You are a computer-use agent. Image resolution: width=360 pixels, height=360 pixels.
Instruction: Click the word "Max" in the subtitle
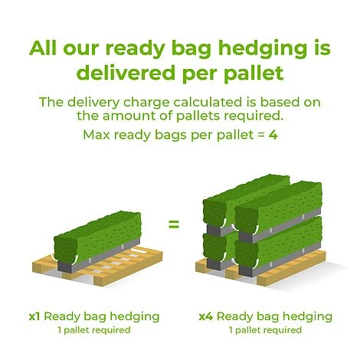coord(98,136)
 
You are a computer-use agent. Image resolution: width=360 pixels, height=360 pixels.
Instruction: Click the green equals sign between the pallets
coord(174,224)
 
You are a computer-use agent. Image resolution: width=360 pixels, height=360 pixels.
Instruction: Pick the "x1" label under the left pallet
coord(35,316)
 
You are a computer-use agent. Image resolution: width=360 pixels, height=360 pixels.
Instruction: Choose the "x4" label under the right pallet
coord(205,316)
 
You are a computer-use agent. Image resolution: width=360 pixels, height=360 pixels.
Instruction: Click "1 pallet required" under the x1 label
coord(93,330)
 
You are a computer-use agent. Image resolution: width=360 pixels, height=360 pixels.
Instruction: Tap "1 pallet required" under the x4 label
coord(264,330)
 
